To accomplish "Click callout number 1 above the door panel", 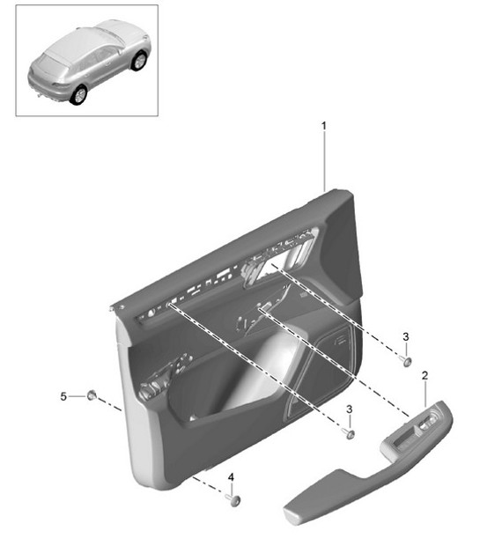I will pos(323,126).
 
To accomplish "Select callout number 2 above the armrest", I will pos(425,376).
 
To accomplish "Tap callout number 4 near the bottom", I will pos(231,478).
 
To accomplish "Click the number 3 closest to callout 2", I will pos(405,337).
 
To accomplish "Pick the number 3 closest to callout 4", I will pos(350,410).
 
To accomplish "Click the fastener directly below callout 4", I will pos(233,499).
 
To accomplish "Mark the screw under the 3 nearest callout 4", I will pos(350,432).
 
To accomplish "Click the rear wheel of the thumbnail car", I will pos(80,93).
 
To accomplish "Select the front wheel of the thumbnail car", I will pos(139,62).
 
